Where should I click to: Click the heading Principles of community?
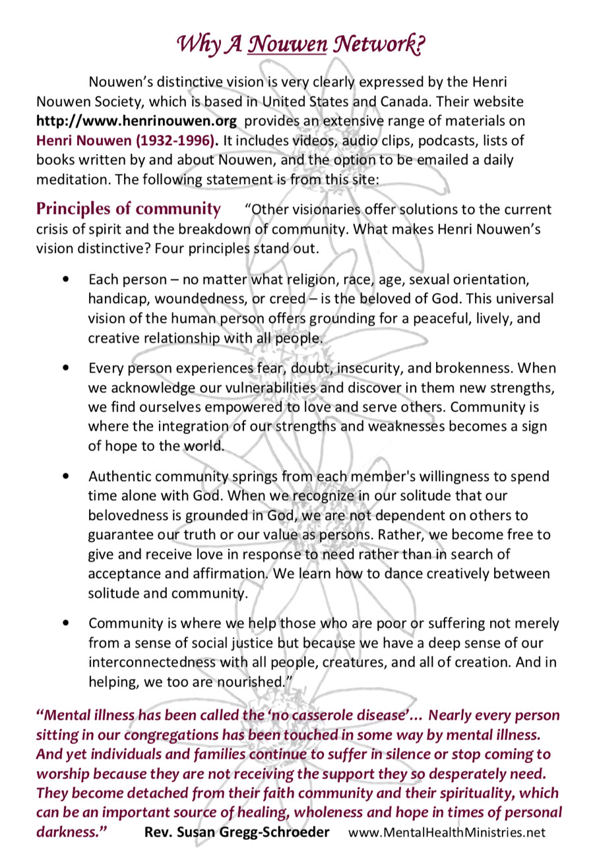pyautogui.click(x=129, y=210)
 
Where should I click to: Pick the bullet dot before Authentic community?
pyautogui.click(x=64, y=475)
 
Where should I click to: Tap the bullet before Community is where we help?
pyautogui.click(x=64, y=623)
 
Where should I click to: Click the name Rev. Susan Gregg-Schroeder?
pyautogui.click(x=237, y=833)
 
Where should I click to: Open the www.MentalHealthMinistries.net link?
pyautogui.click(x=447, y=833)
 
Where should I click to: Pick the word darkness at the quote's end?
pyautogui.click(x=72, y=833)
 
